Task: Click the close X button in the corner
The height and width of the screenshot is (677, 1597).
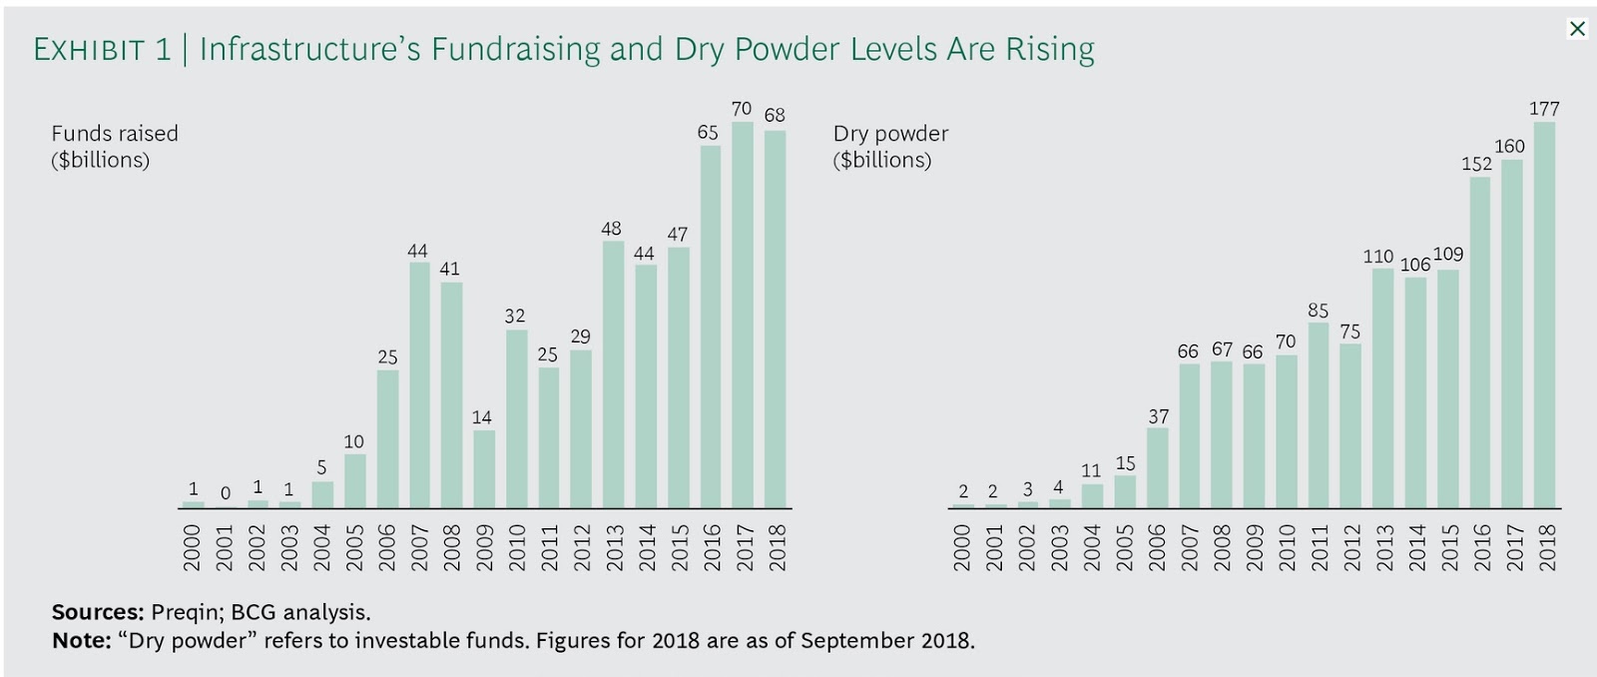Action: coord(1577,28)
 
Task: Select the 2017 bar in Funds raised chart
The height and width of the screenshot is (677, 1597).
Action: coord(742,315)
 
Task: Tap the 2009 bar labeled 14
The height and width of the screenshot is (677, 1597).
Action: coord(483,468)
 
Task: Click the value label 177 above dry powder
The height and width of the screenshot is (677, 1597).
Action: coord(1544,108)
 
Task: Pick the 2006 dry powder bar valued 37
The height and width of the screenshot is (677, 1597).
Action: coord(1158,467)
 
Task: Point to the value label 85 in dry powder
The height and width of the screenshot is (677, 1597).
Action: coord(1318,311)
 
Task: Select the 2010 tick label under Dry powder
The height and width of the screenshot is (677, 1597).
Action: coord(1287,547)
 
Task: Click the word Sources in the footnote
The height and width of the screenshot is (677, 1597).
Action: coord(97,612)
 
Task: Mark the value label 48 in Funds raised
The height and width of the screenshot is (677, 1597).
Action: coord(611,229)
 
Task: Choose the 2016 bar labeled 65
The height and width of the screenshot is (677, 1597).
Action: coord(710,327)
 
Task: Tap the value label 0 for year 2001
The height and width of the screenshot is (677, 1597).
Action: coord(226,493)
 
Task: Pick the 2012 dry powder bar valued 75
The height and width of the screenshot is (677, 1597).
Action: coord(1350,425)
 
